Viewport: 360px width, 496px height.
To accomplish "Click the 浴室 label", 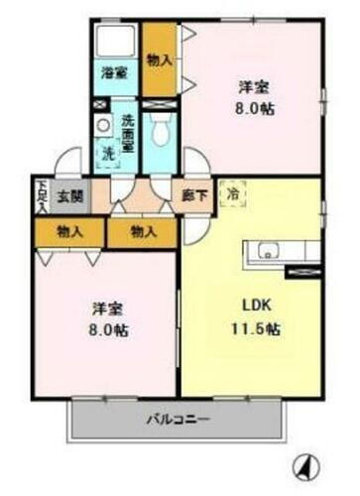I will coord(114,71).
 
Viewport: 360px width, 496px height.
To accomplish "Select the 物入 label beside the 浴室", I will coord(159,60).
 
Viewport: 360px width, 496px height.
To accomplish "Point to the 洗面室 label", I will coord(128,132).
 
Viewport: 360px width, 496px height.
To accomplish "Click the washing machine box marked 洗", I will coord(107,154).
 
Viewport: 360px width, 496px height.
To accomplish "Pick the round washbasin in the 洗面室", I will coord(101,125).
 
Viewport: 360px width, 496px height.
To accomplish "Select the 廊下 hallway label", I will coord(194,195).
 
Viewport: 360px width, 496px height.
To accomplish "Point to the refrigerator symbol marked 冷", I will coord(231,194).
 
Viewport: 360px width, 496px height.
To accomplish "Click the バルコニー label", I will coord(177,419).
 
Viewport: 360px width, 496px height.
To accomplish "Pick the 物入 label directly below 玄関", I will coord(68,231).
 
